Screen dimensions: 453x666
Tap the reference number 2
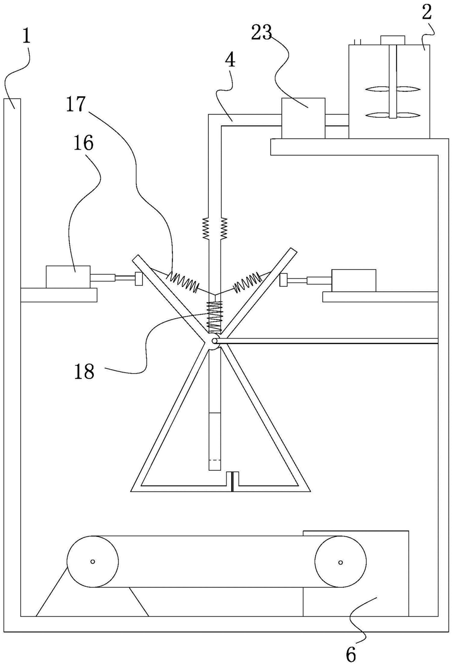[x=427, y=12]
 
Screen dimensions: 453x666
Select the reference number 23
[x=262, y=32]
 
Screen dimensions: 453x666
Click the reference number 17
[x=76, y=104]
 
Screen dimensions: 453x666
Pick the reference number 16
[x=84, y=143]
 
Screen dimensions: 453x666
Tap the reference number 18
[x=84, y=371]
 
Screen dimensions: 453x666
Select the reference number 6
[x=351, y=654]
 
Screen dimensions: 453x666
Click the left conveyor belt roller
[x=93, y=561]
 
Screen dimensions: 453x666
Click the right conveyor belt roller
[x=340, y=562]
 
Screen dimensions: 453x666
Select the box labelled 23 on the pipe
[x=303, y=118]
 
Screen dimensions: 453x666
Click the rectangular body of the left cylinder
[x=68, y=277]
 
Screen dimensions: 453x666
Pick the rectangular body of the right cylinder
[x=354, y=280]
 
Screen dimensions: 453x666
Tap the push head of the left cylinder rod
[x=139, y=278]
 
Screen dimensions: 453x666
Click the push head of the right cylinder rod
[x=283, y=280]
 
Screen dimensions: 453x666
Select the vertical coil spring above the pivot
[x=215, y=317]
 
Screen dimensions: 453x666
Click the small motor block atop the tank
[x=393, y=40]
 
